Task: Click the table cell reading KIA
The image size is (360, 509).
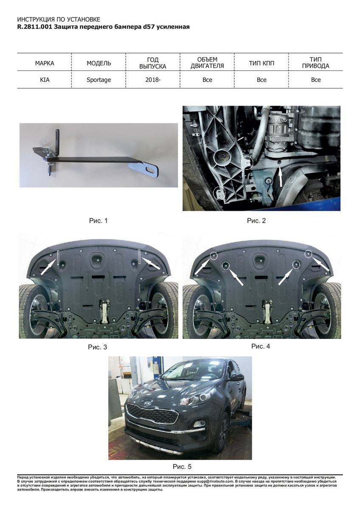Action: point(45,80)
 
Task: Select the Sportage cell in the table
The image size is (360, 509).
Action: point(98,80)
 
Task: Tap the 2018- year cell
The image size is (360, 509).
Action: point(153,80)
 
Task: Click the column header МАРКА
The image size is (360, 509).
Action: point(45,63)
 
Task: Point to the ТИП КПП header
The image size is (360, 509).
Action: point(262,63)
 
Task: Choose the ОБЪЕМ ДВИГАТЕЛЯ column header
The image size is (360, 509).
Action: point(207,63)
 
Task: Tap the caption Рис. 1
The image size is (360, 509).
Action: point(98,221)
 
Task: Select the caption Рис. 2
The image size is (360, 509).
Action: point(256,221)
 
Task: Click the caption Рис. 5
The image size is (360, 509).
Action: point(182,467)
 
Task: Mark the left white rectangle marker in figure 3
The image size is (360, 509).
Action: point(58,258)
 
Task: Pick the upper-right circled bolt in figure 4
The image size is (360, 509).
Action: point(308,254)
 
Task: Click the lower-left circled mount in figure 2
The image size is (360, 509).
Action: point(219,193)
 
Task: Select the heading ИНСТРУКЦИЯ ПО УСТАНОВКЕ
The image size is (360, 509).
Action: point(59,20)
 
